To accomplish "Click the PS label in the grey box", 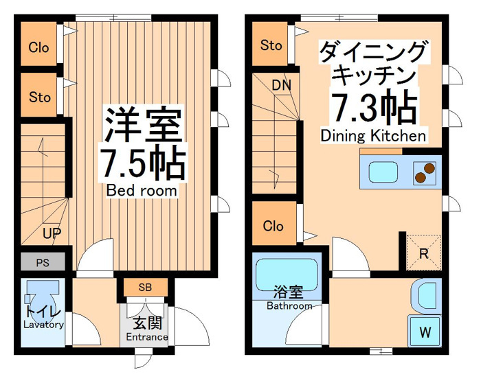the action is point(43,263).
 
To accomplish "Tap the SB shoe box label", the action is point(145,288).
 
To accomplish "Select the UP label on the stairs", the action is point(52,233).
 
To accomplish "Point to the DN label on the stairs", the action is point(281,86).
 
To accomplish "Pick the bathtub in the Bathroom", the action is point(287,275).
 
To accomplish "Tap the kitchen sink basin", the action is point(383,172).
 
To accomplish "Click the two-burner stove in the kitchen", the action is point(425,173).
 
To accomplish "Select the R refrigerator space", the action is point(424,253).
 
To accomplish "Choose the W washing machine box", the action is point(425,332).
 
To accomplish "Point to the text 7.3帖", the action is point(374,107).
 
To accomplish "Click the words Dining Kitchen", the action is point(373,136).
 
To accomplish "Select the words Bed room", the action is point(142,191).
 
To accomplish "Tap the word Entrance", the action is point(147,337).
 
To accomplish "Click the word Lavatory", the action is point(43,325).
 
